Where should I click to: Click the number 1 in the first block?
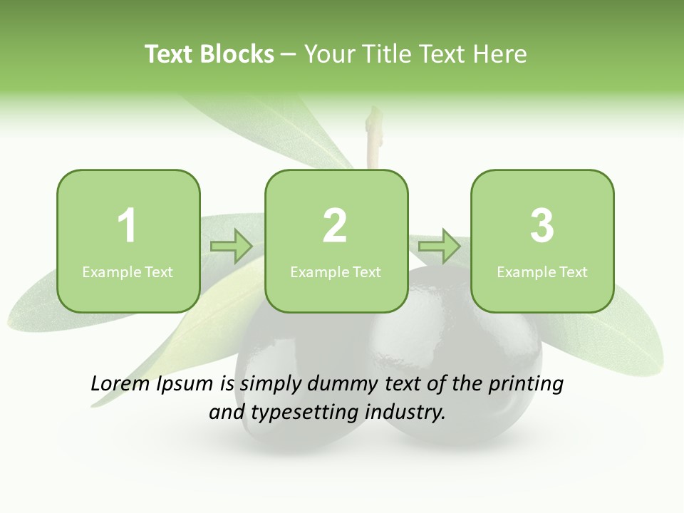point(128,226)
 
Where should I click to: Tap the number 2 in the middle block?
point(335,226)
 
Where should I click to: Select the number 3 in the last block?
point(542,226)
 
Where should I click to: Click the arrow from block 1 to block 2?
point(232,247)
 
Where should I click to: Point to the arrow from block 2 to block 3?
point(439,247)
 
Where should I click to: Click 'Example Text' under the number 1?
point(128,271)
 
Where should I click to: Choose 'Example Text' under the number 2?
point(336,271)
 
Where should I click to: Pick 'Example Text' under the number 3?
point(542,271)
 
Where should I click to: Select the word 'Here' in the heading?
point(501,54)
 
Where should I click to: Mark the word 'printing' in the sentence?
point(526,385)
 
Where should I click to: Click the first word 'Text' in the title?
point(169,54)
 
